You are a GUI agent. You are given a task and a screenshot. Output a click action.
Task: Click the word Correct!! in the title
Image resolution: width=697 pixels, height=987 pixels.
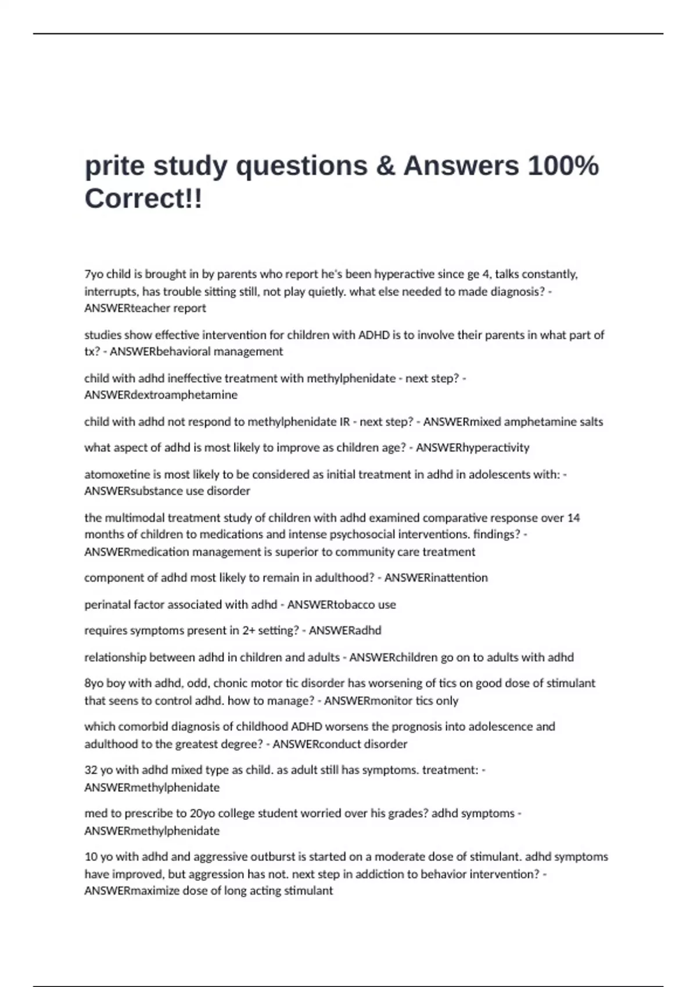click(x=143, y=199)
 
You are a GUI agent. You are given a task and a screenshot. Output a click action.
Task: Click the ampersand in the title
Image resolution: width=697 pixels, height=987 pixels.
click(x=385, y=165)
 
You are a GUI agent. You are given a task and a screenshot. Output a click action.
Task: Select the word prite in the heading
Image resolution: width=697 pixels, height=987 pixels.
click(x=114, y=165)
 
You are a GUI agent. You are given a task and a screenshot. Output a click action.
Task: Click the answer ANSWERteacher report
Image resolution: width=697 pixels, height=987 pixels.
click(x=145, y=308)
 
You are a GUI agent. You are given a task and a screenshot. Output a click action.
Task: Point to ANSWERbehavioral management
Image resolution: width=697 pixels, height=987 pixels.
click(x=196, y=351)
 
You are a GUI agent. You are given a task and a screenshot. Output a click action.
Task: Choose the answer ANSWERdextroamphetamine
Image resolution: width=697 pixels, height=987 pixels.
click(x=161, y=395)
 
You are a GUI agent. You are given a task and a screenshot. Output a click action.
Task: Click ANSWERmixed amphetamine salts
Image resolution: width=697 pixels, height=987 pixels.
click(x=513, y=422)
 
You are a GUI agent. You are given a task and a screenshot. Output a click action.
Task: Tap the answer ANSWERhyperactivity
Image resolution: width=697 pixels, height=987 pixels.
click(x=472, y=448)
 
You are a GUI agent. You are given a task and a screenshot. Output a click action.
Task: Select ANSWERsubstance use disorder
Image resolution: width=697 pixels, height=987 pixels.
click(x=167, y=491)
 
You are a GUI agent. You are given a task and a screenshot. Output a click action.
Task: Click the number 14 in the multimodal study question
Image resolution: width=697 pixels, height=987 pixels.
click(x=573, y=517)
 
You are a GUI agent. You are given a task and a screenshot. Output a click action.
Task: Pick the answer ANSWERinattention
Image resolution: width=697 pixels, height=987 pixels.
click(x=436, y=578)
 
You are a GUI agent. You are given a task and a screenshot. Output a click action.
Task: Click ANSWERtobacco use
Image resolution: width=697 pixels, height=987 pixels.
click(x=342, y=604)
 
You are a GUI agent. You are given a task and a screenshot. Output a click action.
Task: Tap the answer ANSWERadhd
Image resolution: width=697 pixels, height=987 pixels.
click(x=345, y=631)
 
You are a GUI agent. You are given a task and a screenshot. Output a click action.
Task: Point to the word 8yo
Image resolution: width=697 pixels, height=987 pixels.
click(x=94, y=683)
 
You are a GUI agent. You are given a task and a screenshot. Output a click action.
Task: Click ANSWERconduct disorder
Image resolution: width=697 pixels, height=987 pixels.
click(x=340, y=744)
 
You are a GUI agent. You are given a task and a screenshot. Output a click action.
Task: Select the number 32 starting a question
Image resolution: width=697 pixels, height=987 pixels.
click(x=91, y=770)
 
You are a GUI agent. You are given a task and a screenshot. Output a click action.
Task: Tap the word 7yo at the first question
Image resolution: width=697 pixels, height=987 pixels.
click(x=94, y=274)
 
